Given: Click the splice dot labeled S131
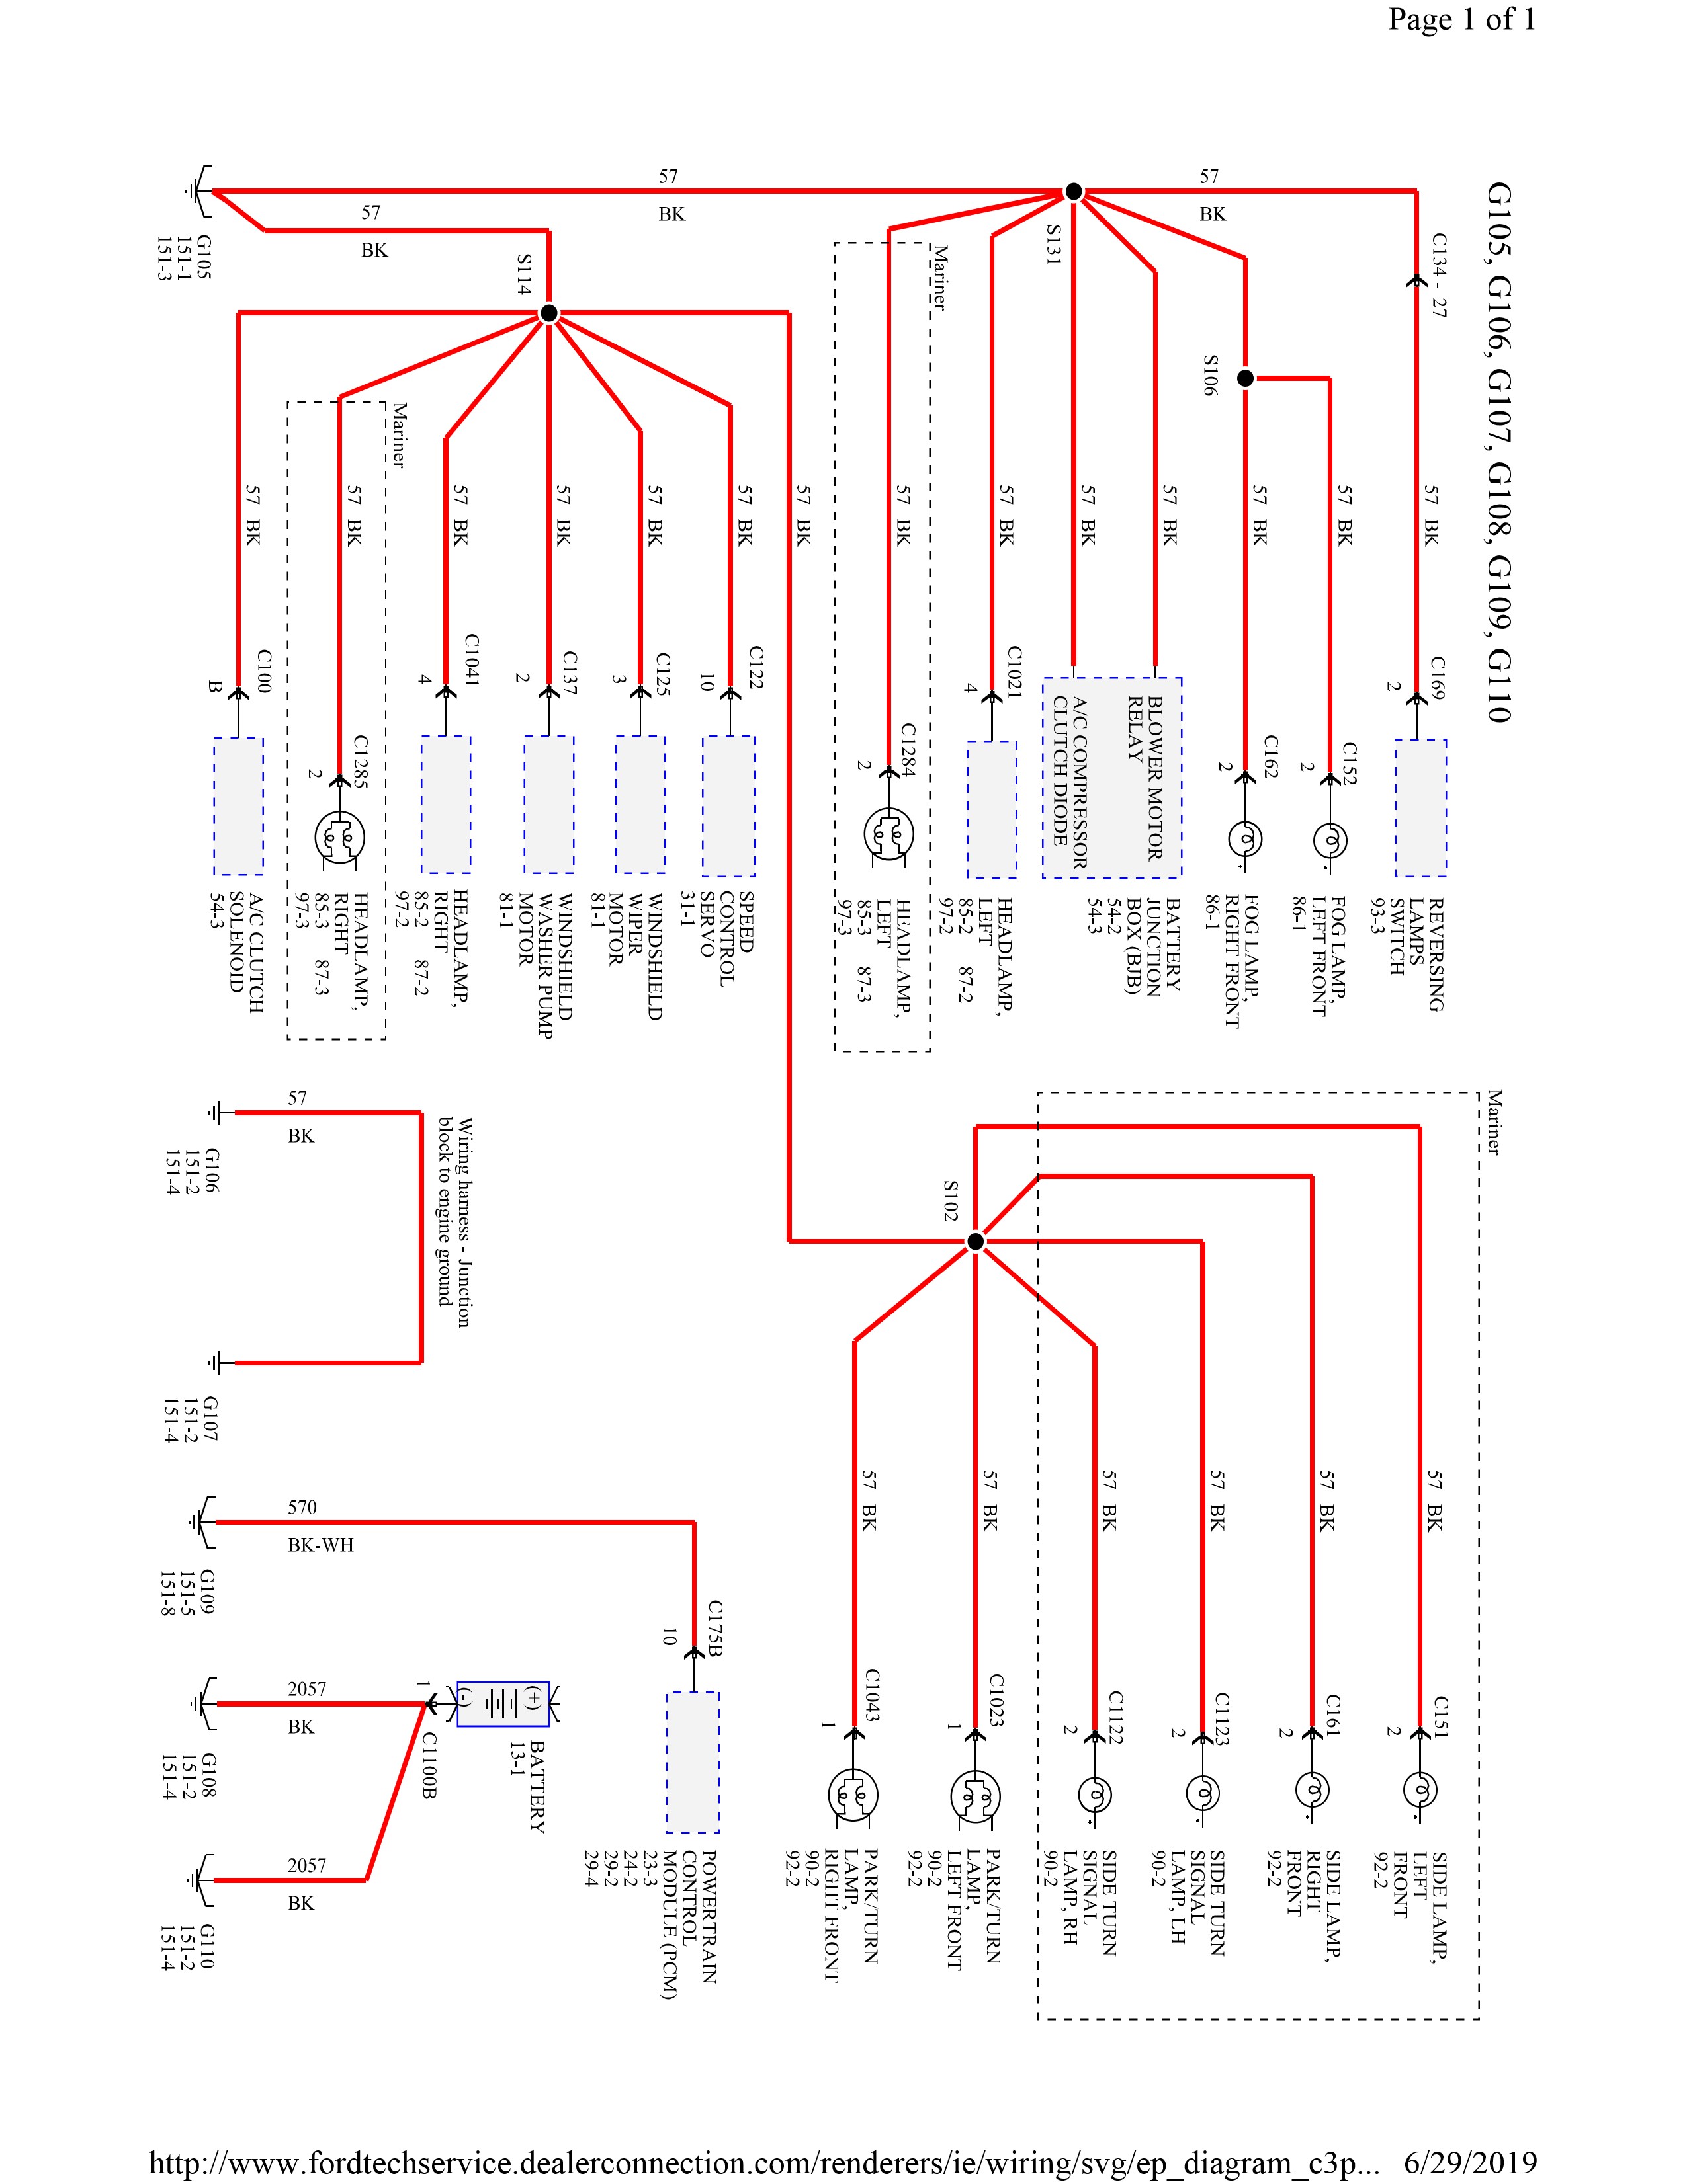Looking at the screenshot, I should pos(1073,191).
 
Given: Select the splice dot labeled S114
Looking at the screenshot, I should pos(548,313).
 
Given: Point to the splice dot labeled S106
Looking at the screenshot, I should pos(1245,379).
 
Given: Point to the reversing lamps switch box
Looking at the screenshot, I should pos(1420,807).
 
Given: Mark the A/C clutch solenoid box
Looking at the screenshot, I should pos(239,805).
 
